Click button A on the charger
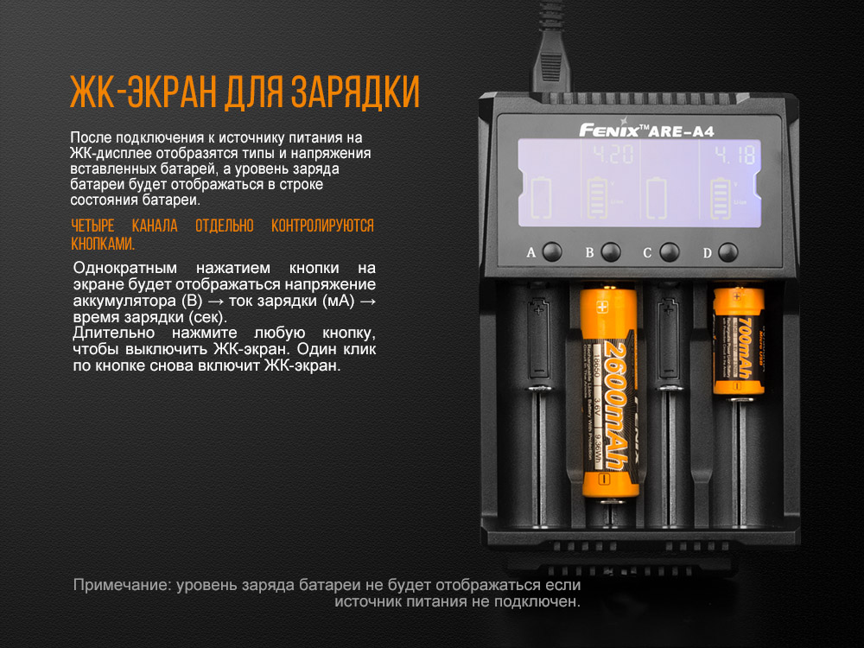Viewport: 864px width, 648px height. point(552,252)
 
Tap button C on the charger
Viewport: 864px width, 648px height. point(668,252)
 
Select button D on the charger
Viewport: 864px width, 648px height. point(728,252)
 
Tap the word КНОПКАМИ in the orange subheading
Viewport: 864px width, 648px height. point(103,244)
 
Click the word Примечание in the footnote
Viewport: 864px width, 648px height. point(122,585)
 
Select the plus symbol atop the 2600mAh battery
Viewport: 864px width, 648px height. point(602,306)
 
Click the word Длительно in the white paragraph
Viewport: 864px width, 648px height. point(110,333)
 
